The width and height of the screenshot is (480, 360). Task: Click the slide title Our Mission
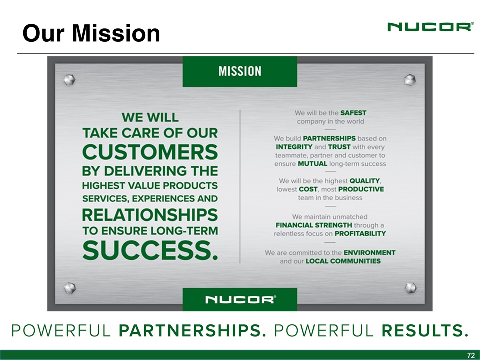(x=91, y=33)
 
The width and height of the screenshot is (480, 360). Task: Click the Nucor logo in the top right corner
(x=430, y=27)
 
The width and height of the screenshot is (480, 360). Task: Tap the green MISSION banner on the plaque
(x=240, y=71)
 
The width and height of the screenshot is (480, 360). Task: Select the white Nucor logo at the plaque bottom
(x=240, y=299)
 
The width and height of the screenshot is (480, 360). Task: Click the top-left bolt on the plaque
(x=69, y=80)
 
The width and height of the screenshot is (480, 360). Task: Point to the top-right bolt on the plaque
(x=410, y=80)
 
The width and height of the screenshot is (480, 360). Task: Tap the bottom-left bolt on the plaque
(x=70, y=288)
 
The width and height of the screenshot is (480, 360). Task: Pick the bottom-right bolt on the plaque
(x=410, y=288)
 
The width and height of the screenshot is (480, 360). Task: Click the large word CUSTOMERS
(x=150, y=152)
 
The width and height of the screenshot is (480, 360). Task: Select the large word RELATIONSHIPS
(x=150, y=215)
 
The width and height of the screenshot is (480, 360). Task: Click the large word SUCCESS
(x=150, y=250)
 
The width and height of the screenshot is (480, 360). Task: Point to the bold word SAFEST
(x=353, y=113)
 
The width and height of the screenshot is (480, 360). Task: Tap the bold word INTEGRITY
(x=294, y=147)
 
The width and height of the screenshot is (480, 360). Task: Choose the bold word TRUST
(x=339, y=147)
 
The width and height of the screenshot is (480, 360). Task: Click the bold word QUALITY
(x=365, y=181)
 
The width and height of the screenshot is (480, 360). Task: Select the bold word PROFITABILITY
(x=360, y=234)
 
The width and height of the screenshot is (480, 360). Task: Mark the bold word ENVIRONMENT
(x=370, y=253)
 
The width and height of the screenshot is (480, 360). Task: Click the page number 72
(x=471, y=355)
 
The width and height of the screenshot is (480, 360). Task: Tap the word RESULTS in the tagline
(x=425, y=331)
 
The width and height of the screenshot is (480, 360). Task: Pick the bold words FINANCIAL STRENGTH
(x=314, y=225)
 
